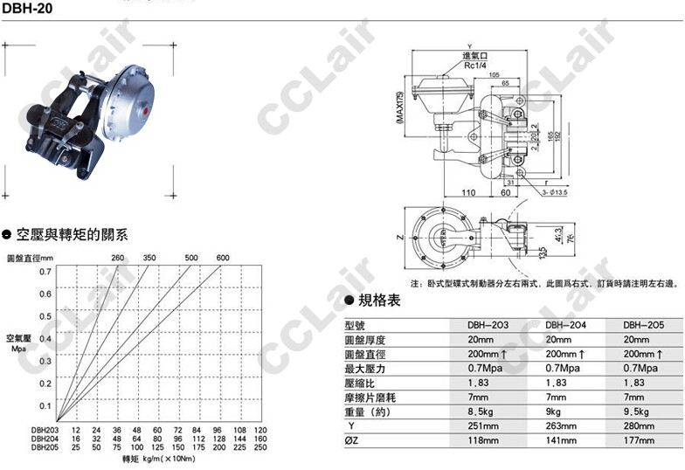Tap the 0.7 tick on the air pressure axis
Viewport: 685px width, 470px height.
tap(45, 271)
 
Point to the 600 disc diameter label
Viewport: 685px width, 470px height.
tap(223, 257)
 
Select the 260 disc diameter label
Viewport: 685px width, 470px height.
tap(117, 257)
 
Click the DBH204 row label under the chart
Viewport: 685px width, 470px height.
tap(45, 439)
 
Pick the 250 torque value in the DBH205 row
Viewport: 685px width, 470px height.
tap(258, 446)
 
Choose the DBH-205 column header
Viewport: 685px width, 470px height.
tap(645, 324)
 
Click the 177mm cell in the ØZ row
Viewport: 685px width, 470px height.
tap(640, 441)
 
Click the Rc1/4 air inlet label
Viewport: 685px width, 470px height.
tap(475, 65)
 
